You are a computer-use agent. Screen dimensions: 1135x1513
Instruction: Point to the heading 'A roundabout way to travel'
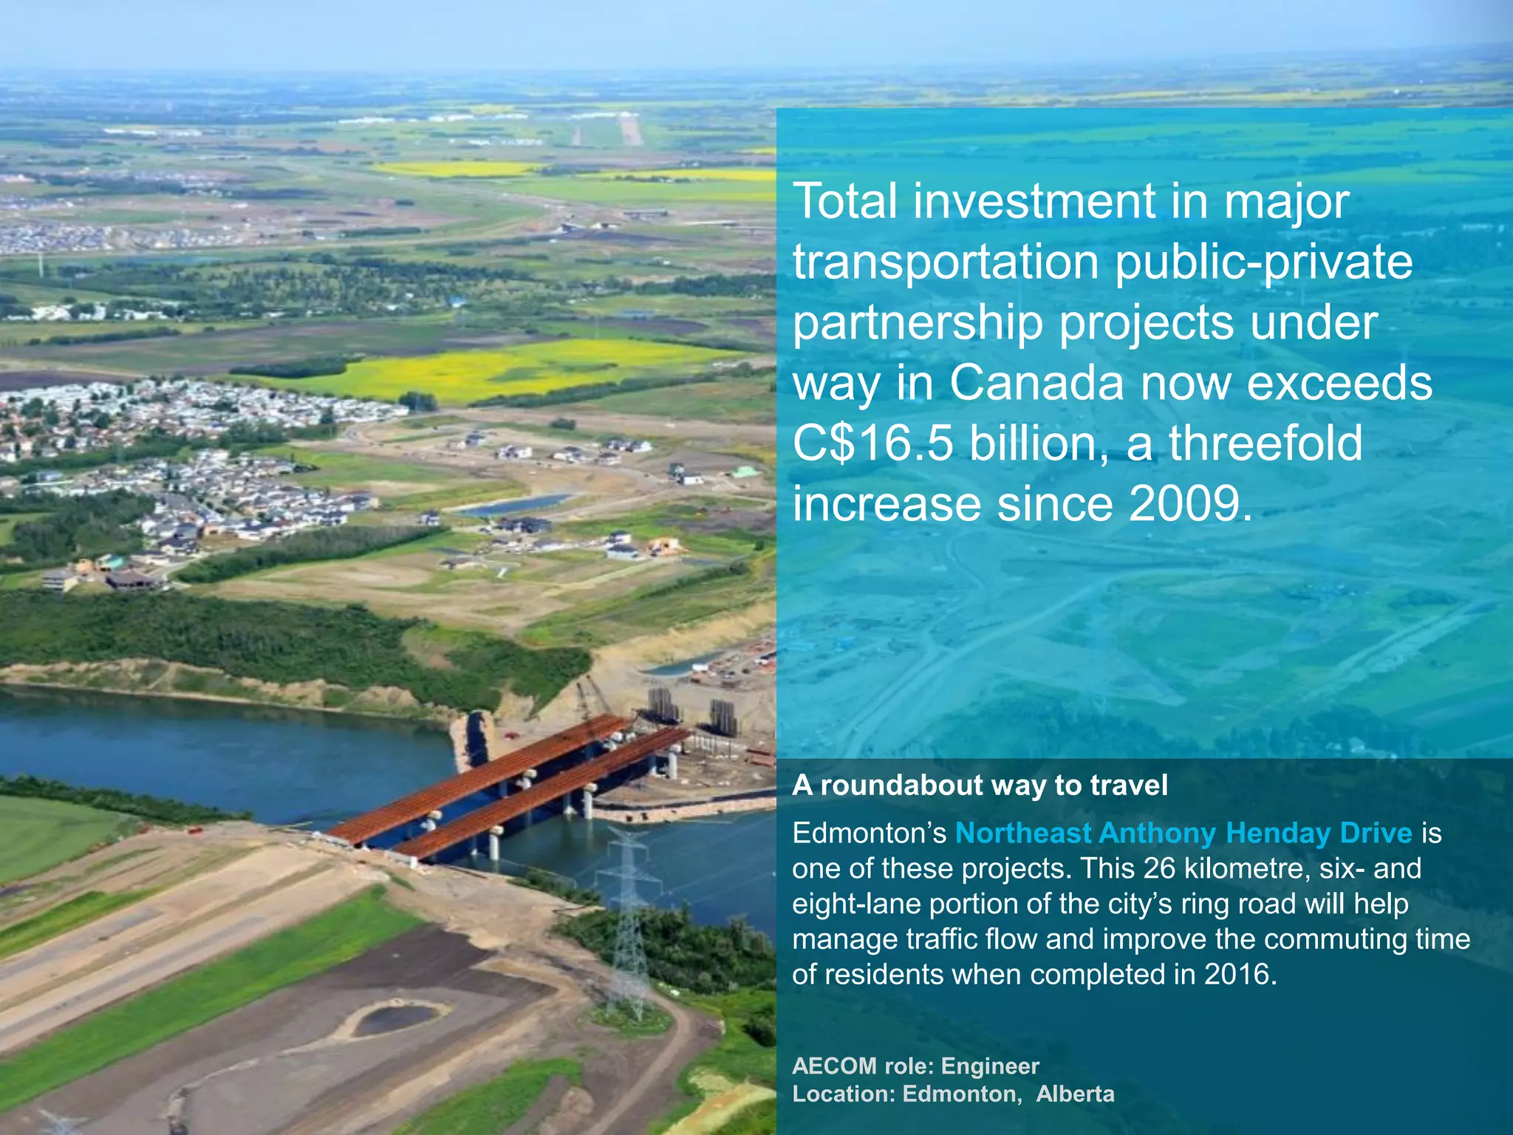[980, 785]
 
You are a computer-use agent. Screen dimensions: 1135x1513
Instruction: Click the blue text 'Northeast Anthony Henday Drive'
[1184, 833]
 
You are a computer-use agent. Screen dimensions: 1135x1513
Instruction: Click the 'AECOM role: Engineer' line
[915, 1066]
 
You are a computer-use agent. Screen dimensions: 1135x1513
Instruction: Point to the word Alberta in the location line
[1075, 1094]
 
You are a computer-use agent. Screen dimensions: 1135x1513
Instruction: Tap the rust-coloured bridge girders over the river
[510, 783]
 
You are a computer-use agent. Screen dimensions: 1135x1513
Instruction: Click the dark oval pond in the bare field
[400, 1019]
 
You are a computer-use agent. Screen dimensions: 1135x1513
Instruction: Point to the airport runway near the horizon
[630, 130]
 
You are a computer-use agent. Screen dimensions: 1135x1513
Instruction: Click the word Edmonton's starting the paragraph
[869, 833]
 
